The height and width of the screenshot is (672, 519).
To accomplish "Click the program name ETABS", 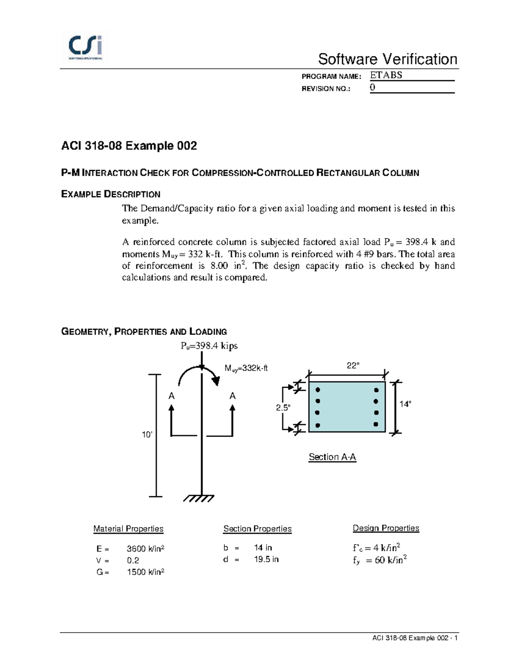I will click(386, 75).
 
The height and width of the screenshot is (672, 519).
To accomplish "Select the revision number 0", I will click(372, 87).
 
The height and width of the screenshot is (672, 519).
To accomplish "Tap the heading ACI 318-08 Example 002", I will click(129, 146).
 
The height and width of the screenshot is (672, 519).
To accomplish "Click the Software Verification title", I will click(388, 59).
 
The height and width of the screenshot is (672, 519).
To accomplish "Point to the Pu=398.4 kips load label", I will click(209, 346).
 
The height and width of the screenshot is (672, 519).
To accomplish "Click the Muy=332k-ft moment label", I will click(246, 368).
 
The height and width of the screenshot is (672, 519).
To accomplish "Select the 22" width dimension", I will click(353, 366).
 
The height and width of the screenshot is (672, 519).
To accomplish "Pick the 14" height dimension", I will click(405, 404).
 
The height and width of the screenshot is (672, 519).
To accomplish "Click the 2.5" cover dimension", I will click(283, 408).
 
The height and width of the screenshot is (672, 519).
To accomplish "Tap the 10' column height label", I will click(147, 434).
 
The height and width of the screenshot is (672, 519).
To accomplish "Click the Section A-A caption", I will click(332, 457).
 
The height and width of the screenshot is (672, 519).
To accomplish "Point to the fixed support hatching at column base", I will click(199, 498).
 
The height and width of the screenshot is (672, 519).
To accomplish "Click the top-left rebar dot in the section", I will click(318, 390).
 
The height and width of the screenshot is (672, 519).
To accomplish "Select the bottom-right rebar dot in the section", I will click(376, 424).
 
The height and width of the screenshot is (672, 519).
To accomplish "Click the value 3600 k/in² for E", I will click(145, 549).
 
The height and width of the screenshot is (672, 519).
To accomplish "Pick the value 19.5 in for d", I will click(266, 559).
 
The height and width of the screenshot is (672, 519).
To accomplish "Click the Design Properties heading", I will click(386, 528).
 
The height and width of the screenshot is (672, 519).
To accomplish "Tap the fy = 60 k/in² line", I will click(380, 560).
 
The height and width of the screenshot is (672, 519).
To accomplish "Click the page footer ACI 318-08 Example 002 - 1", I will click(415, 638).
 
